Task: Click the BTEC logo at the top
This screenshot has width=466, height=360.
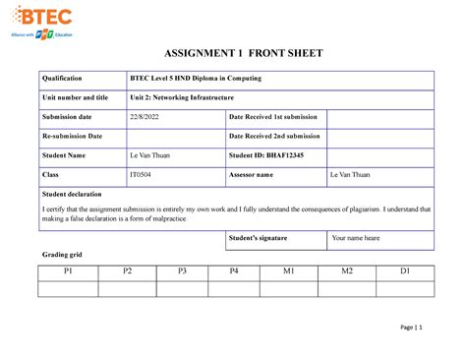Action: pyautogui.click(x=46, y=17)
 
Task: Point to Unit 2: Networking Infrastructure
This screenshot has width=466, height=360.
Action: pyautogui.click(x=180, y=97)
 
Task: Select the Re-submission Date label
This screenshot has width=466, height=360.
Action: pyautogui.click(x=71, y=136)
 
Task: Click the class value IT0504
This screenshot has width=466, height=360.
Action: pyautogui.click(x=142, y=174)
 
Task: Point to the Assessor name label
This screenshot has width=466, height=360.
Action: pyautogui.click(x=254, y=174)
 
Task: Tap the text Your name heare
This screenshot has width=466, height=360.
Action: pyautogui.click(x=356, y=238)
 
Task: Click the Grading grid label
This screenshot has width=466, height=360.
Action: pyautogui.click(x=61, y=256)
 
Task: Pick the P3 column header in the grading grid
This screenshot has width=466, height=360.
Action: pyautogui.click(x=181, y=271)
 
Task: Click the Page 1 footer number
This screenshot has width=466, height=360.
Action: pyautogui.click(x=411, y=328)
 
